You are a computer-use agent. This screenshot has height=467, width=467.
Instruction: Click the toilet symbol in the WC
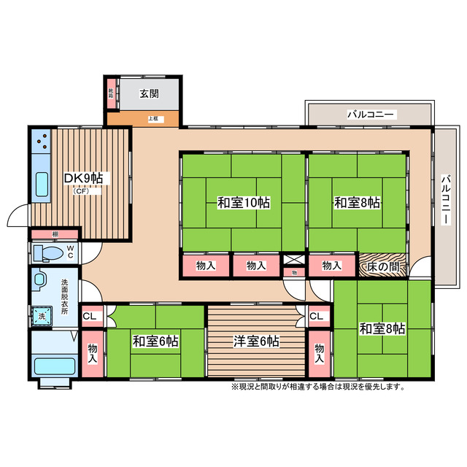pyautogui.click(x=47, y=252)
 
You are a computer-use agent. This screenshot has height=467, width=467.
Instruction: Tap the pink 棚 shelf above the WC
pyautogui.click(x=55, y=234)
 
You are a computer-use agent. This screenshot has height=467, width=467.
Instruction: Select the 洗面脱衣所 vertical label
pyautogui.click(x=64, y=296)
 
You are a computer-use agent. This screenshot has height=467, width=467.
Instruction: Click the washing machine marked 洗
pyautogui.click(x=42, y=316)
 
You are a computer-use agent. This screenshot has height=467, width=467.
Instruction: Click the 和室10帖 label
pyautogui.click(x=243, y=203)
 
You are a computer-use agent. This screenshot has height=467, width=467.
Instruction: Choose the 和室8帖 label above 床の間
pyautogui.click(x=358, y=203)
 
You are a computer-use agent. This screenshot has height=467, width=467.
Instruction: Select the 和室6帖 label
pyautogui.click(x=156, y=341)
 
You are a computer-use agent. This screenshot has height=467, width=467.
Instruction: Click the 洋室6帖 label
pyautogui.click(x=255, y=341)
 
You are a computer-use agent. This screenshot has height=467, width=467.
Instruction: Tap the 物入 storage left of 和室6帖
pyautogui.click(x=93, y=354)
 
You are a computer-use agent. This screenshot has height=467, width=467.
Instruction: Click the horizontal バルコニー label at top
pyautogui.click(x=371, y=115)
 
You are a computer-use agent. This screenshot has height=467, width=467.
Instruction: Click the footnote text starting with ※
pyautogui.click(x=317, y=386)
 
